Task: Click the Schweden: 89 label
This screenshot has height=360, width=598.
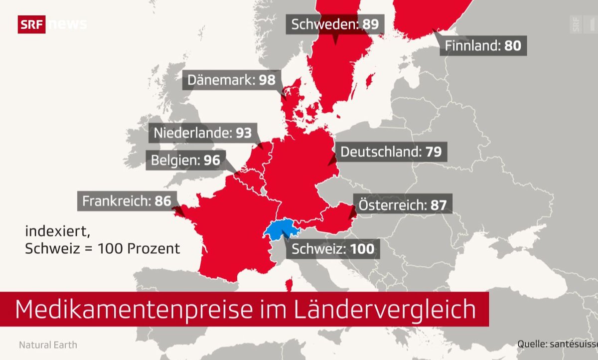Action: (335, 24)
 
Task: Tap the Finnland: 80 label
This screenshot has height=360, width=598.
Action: (483, 46)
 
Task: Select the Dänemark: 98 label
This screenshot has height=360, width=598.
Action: (232, 80)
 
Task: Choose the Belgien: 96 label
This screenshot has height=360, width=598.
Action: (185, 161)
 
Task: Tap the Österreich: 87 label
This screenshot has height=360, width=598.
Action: (403, 204)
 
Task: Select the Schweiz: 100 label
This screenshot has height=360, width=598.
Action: (333, 248)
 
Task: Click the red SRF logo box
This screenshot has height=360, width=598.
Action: (31, 24)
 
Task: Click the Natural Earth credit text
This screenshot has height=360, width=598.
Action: (48, 345)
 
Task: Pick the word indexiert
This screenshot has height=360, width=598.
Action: (51, 231)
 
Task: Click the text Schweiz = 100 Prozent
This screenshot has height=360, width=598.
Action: (103, 248)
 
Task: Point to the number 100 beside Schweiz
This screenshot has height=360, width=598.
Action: (362, 248)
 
